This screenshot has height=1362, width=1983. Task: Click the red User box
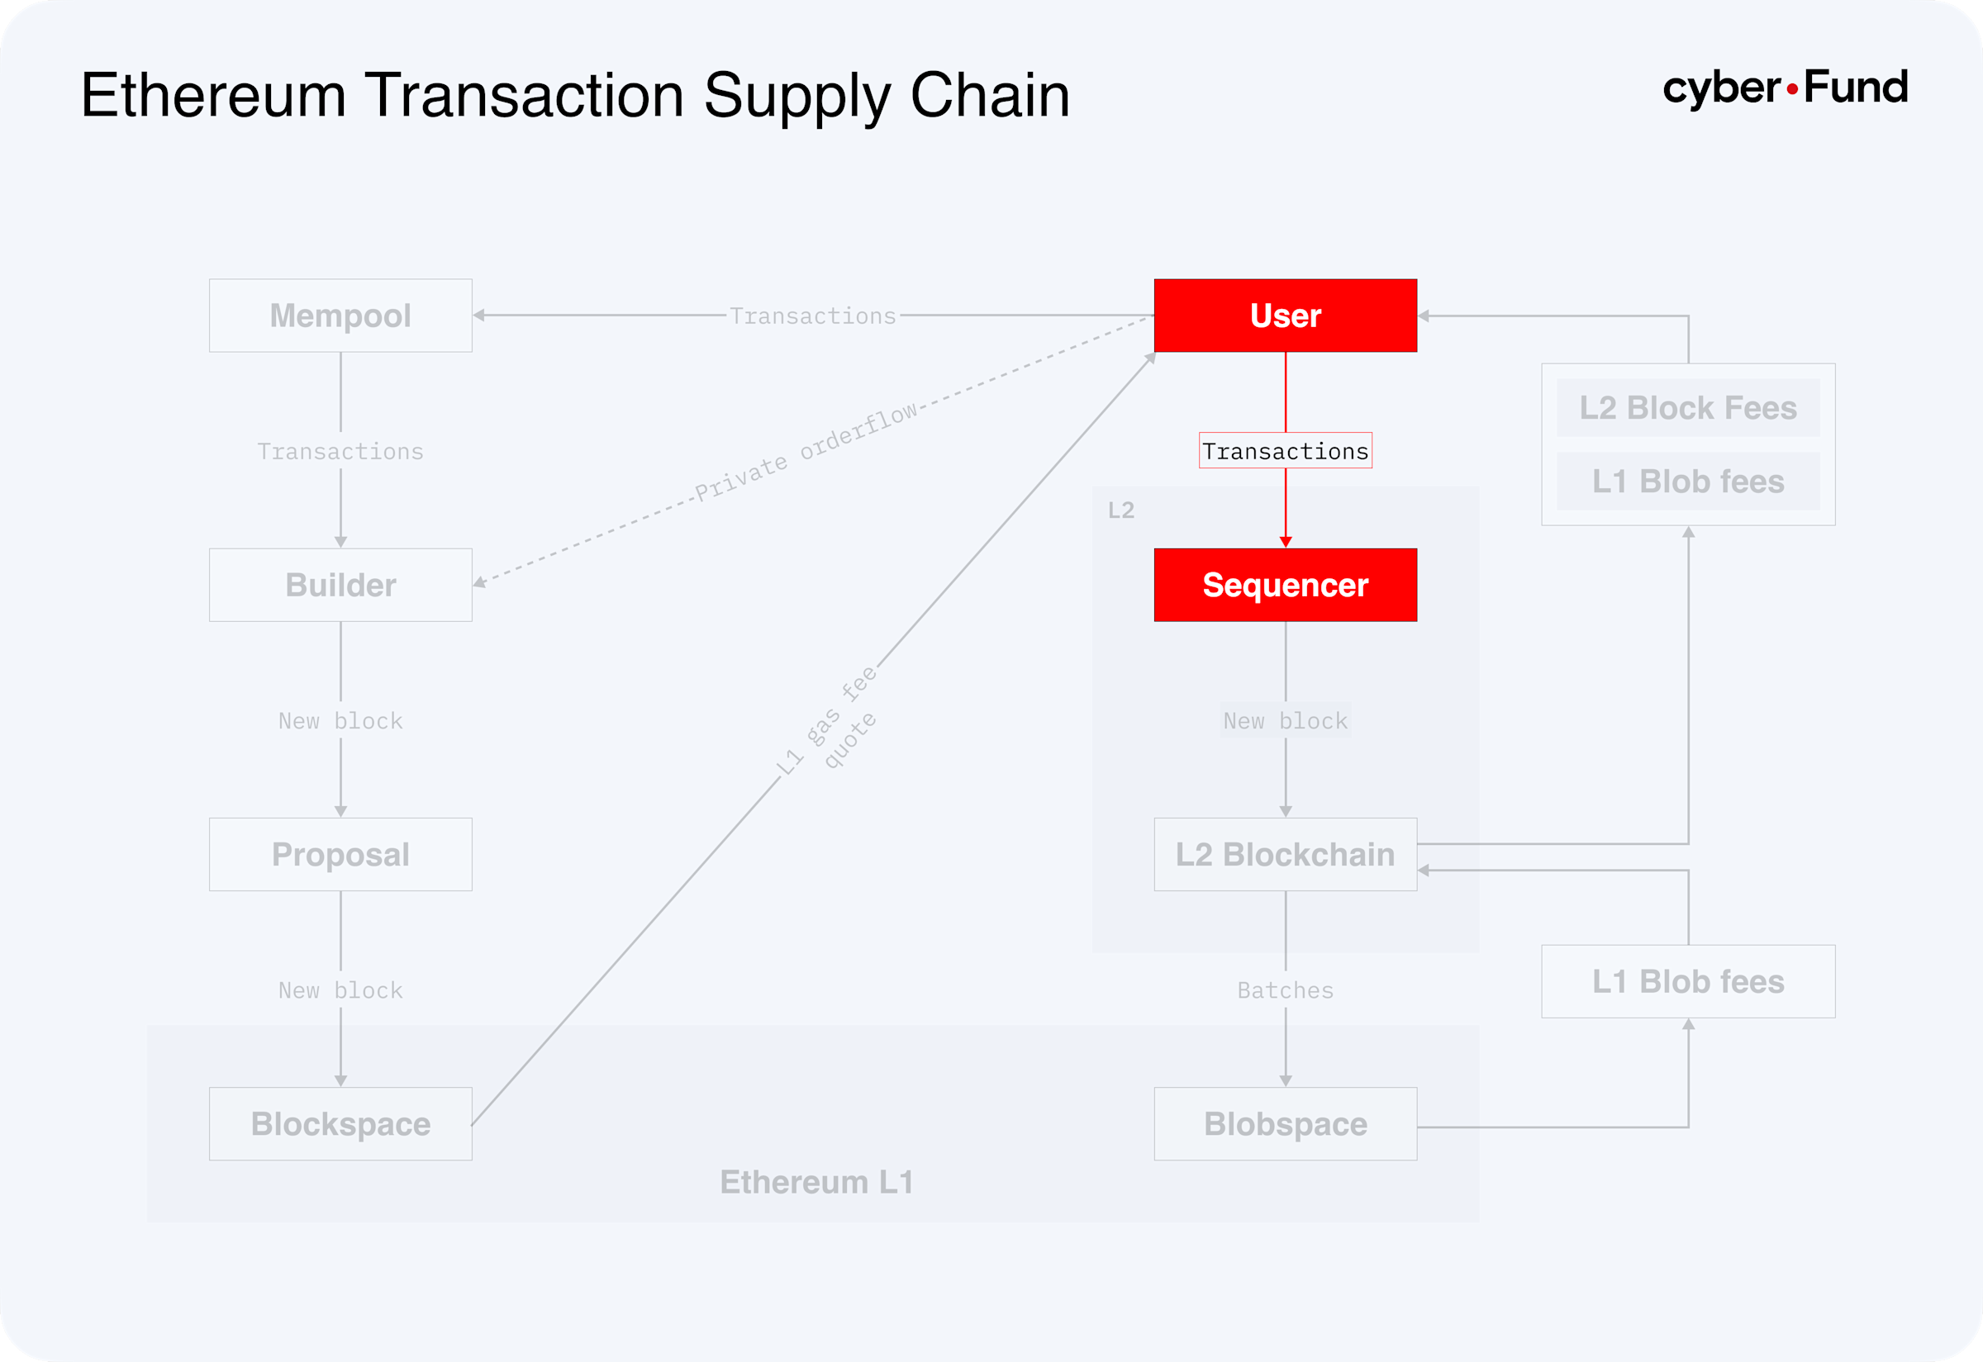pos(1285,315)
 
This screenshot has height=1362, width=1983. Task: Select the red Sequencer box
pos(1285,585)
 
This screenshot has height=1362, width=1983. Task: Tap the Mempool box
pos(340,315)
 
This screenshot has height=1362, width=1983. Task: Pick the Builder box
pos(340,585)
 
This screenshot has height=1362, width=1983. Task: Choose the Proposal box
pos(340,854)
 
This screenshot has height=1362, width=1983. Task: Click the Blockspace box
pos(340,1123)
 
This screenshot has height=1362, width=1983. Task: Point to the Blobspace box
pos(1285,1123)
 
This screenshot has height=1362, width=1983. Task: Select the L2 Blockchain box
pos(1285,854)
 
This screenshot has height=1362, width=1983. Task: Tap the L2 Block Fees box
pos(1688,408)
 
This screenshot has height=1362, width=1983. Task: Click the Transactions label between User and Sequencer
pos(1285,451)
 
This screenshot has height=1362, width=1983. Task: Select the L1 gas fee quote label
pos(826,721)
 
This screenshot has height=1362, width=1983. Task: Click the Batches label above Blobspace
pos(1285,990)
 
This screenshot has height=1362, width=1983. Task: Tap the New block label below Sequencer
pos(1285,721)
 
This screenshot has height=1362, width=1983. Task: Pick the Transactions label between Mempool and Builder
pos(340,451)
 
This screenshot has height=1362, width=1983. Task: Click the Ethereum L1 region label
pos(817,1182)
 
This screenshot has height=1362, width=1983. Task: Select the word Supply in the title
pos(797,96)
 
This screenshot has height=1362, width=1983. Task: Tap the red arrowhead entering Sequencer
pos(1285,542)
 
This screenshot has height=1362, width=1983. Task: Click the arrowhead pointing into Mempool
pos(479,315)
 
